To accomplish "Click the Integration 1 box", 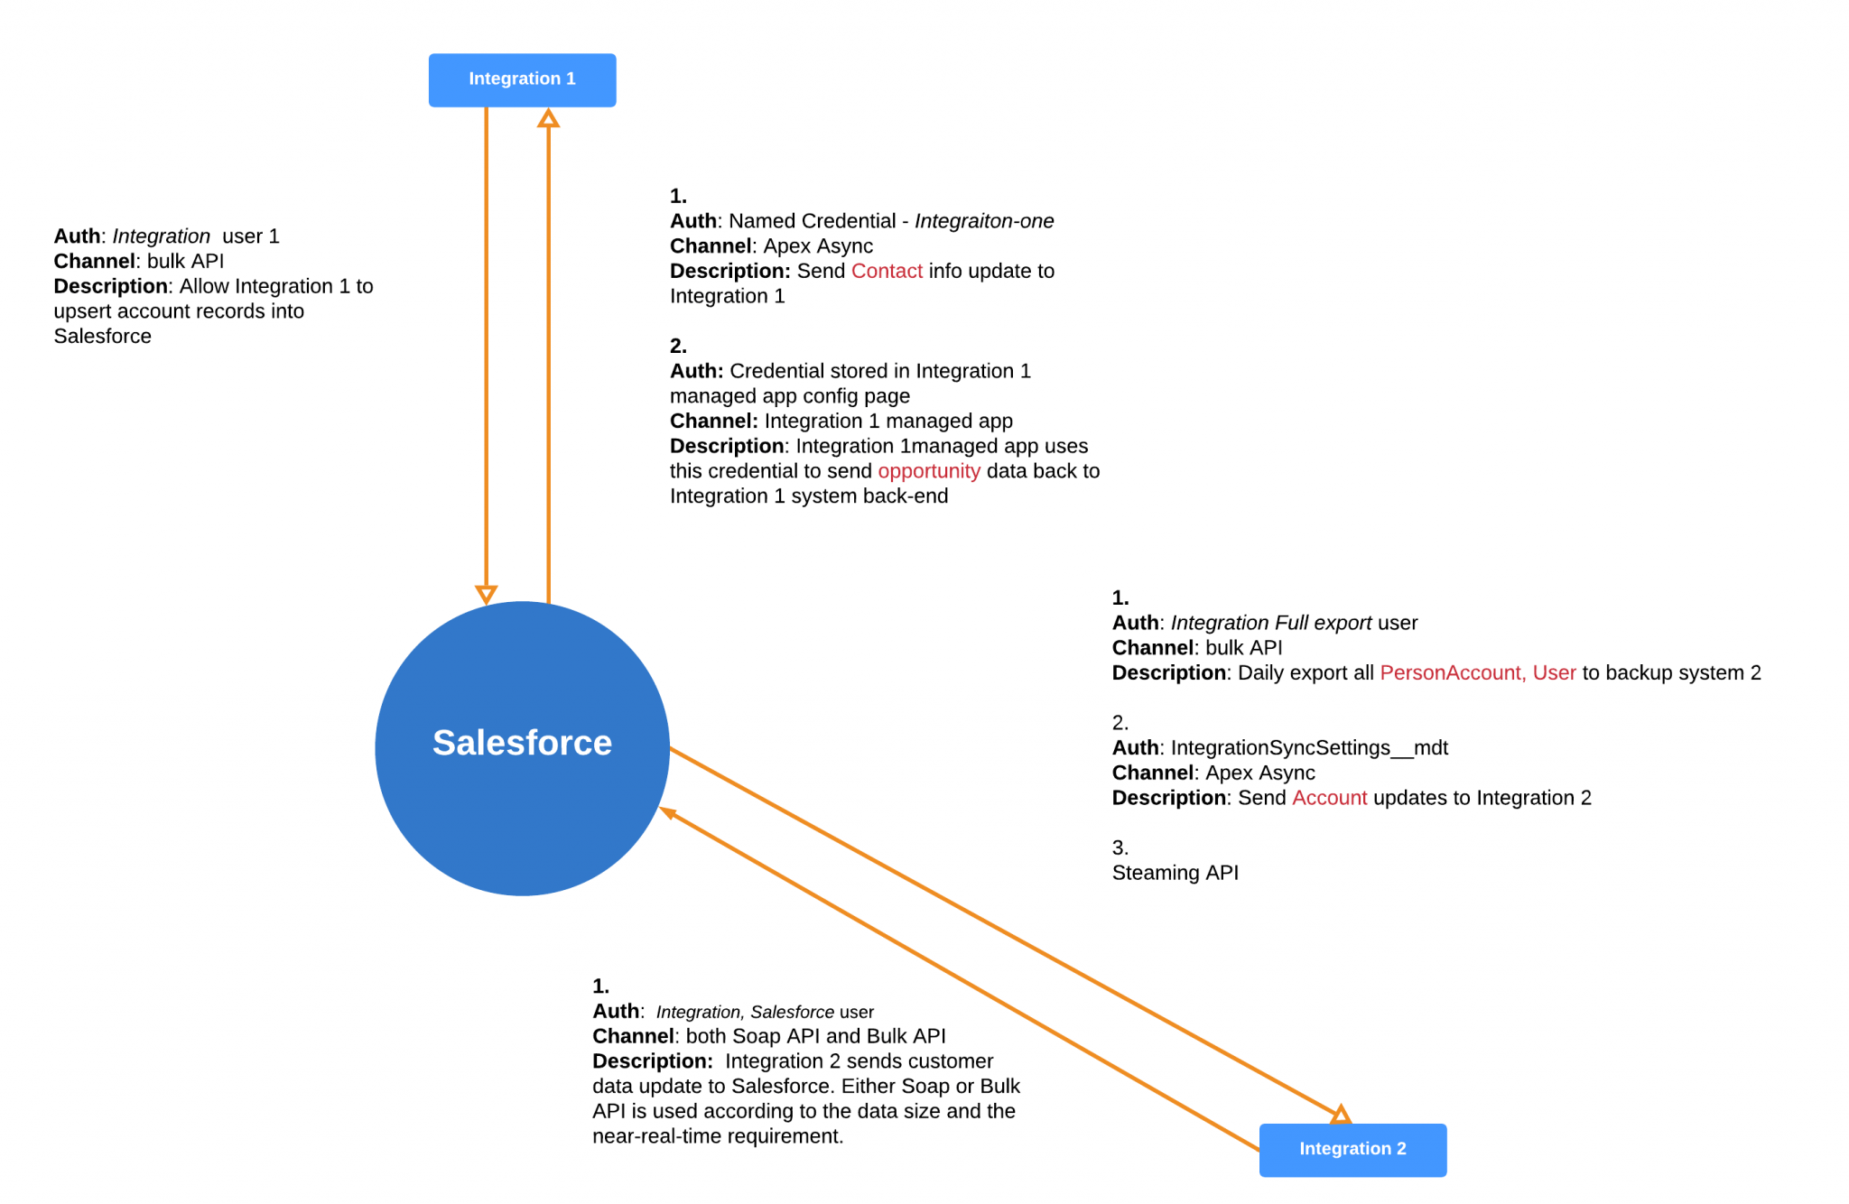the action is coord(522,79).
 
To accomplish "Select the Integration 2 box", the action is coord(1352,1150).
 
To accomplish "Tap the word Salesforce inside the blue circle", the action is coord(522,743).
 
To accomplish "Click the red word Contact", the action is coord(887,271).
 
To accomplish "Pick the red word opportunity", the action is coord(929,471).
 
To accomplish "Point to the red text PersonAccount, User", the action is coord(1478,672).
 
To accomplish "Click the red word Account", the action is coord(1329,798).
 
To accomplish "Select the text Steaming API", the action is coord(1175,873).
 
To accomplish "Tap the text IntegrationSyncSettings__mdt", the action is coord(1309,747).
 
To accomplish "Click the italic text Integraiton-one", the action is coord(984,221).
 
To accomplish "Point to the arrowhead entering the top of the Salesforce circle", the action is coord(486,595).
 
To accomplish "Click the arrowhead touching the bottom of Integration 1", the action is coord(548,117).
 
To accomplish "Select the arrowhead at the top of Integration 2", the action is coord(1341,1114).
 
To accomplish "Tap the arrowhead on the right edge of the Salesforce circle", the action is coord(669,812).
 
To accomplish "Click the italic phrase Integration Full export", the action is coord(1271,623).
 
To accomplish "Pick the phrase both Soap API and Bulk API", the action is coord(815,1036).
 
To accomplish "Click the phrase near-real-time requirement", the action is coord(718,1136).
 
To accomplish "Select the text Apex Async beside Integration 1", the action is coord(818,246).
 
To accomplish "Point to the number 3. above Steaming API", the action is coord(1120,847).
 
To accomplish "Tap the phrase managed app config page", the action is coord(789,396).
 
